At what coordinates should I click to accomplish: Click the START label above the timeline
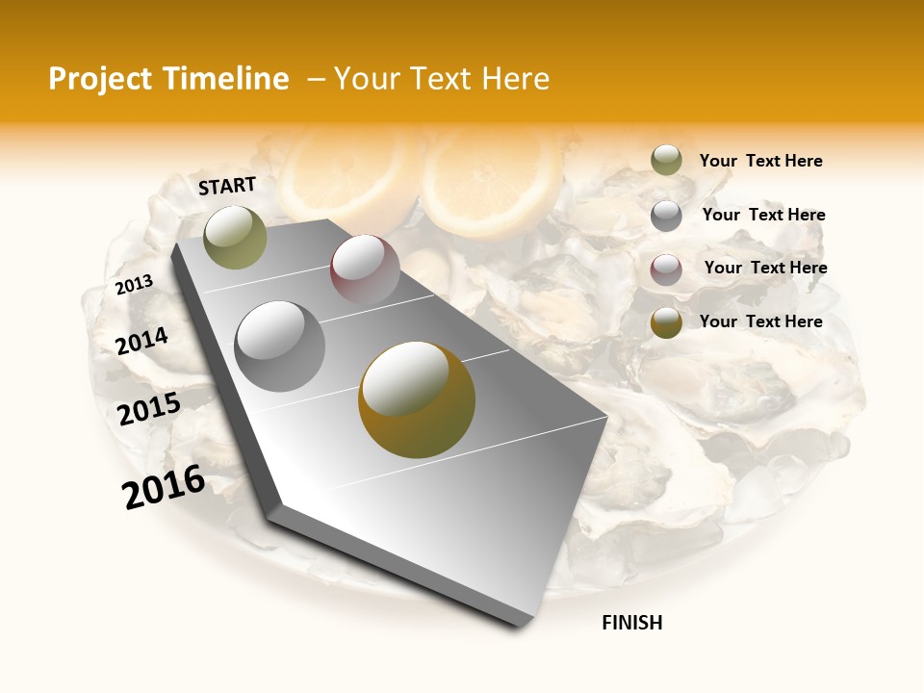click(227, 186)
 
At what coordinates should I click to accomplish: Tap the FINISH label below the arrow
click(631, 623)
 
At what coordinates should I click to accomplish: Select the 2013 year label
click(135, 284)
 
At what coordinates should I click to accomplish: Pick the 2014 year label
click(141, 341)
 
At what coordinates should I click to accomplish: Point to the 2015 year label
click(149, 409)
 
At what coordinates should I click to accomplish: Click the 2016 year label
click(164, 486)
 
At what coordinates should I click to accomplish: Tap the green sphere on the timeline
click(235, 237)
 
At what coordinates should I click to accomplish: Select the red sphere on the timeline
click(365, 269)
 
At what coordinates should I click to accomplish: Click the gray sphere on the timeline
click(279, 346)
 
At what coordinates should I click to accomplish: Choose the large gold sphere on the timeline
click(417, 399)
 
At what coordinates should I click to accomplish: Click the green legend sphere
click(666, 161)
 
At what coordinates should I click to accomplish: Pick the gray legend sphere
click(666, 216)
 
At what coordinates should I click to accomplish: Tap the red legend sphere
click(666, 269)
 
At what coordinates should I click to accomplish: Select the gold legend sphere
click(666, 322)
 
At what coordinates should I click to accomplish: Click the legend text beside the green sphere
click(760, 161)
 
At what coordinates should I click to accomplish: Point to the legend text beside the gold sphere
click(760, 321)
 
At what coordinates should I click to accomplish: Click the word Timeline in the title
click(226, 79)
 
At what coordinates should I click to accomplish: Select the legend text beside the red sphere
click(765, 268)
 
